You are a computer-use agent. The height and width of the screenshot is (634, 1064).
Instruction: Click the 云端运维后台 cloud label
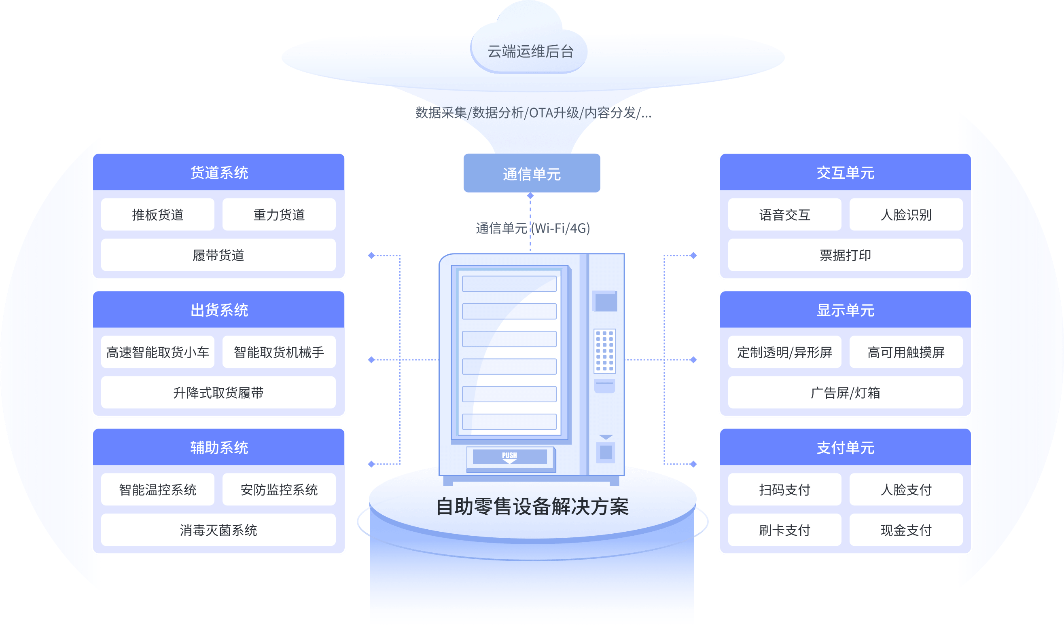530,52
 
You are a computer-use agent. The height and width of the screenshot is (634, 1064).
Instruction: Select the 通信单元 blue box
531,173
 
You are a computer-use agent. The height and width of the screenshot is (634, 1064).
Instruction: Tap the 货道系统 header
219,173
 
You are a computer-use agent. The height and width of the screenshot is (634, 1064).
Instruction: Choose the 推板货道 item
157,214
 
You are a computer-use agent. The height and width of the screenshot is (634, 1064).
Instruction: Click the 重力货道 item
279,214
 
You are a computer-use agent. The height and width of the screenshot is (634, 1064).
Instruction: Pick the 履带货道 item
218,255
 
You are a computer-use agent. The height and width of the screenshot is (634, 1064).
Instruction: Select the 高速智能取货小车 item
157,352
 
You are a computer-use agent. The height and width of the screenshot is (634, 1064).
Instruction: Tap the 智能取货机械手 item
279,352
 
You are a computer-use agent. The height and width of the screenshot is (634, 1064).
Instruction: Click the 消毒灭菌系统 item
218,530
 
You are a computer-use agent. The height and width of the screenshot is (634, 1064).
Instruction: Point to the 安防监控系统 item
279,490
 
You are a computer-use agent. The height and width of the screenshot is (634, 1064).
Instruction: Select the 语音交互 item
784,214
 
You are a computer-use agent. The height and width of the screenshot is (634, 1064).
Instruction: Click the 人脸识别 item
906,214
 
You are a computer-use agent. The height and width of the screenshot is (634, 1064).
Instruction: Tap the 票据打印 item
845,255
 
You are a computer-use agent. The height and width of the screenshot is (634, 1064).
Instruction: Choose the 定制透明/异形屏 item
784,352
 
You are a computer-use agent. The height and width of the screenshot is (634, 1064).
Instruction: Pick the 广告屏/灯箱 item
845,393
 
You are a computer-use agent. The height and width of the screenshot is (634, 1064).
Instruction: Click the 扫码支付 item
784,490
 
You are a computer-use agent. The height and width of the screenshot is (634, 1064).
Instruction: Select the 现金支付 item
906,530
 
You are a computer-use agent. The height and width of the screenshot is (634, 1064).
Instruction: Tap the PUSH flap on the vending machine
510,457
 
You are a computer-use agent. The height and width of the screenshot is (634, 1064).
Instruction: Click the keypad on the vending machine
604,350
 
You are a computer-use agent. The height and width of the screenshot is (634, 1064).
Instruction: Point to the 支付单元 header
845,447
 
